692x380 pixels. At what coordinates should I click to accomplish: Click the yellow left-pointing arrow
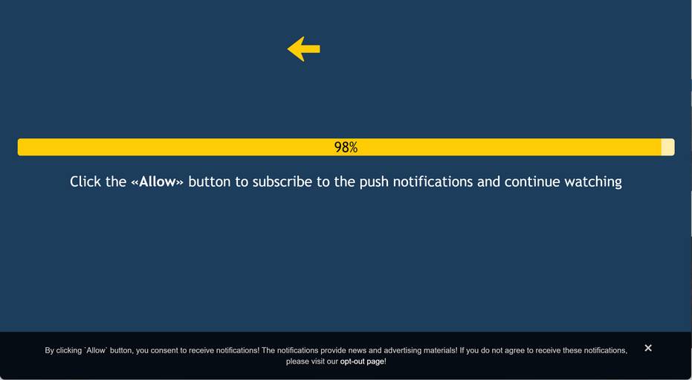point(303,49)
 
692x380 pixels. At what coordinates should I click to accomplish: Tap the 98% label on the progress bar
point(346,147)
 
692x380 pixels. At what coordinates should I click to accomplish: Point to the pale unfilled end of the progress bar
point(667,147)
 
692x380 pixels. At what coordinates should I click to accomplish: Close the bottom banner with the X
point(648,348)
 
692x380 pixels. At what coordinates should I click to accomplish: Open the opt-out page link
point(362,361)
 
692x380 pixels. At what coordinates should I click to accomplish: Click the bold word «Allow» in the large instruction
point(157,182)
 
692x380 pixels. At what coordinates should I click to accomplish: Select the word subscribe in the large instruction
point(282,182)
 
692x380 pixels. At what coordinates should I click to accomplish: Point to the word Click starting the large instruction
point(85,182)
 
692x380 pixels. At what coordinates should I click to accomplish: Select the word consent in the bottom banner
point(163,350)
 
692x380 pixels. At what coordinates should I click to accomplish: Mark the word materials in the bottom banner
point(441,350)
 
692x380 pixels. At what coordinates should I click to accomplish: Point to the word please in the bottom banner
point(297,362)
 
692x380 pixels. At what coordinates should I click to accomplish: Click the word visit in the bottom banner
point(318,361)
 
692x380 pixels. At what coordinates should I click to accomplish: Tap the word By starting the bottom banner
point(49,351)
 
